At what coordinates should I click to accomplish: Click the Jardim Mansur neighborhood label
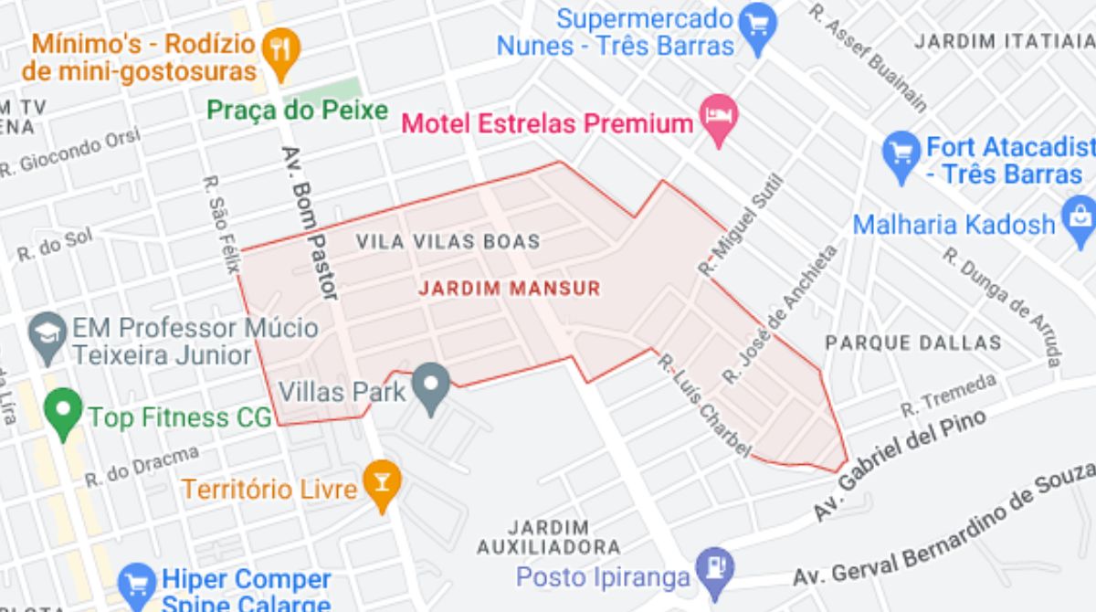pos(510,289)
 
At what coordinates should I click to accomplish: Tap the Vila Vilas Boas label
pos(448,242)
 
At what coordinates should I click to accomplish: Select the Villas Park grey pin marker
pos(430,386)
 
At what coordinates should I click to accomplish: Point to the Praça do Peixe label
pos(297,111)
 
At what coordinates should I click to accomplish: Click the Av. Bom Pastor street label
pos(310,223)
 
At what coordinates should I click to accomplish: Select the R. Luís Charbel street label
pos(703,406)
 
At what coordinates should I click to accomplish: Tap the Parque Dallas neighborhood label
pos(913,343)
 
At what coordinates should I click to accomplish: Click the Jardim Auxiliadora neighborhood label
pos(548,537)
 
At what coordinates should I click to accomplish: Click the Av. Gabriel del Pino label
pos(900,466)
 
